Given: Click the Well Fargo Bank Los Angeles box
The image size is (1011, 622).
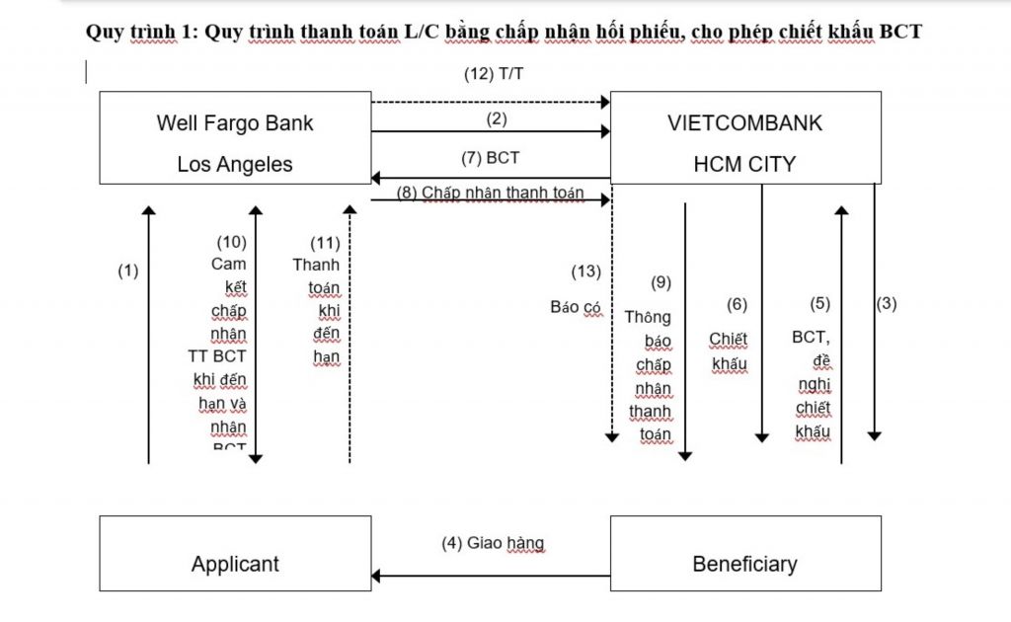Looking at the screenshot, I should [x=235, y=138].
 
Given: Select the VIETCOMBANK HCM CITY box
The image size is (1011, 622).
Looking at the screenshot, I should [x=744, y=138].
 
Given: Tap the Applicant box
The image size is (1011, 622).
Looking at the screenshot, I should [x=235, y=554].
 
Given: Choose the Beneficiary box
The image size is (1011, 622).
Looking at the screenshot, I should [x=744, y=554].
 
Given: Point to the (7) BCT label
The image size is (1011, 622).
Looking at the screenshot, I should [x=490, y=157].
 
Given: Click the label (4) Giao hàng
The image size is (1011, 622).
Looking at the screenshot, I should [x=492, y=543].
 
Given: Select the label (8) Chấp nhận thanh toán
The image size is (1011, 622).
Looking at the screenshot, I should [x=490, y=193].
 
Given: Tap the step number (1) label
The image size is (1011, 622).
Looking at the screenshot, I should [x=128, y=270].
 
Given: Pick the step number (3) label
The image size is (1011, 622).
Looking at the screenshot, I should [x=887, y=303].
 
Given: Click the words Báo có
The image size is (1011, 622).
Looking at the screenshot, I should [x=576, y=307].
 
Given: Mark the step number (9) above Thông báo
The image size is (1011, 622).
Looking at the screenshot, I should [x=661, y=282].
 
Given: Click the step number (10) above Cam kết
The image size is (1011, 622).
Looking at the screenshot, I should [x=231, y=241].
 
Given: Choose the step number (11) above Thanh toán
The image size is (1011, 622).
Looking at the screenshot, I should [x=325, y=241].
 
